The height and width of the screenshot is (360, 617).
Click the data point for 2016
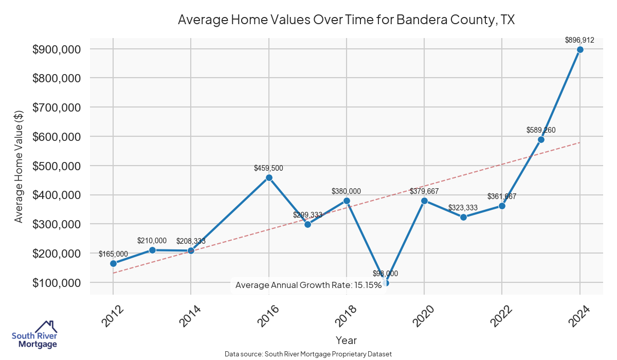pyautogui.click(x=268, y=177)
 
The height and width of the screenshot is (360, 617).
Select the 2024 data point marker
pyautogui.click(x=580, y=49)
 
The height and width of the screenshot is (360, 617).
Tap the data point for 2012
pyautogui.click(x=113, y=263)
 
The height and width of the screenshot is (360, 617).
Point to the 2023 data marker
pyautogui.click(x=541, y=139)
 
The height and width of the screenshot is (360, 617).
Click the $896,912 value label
pyautogui.click(x=579, y=40)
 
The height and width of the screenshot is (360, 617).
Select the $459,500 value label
pyautogui.click(x=268, y=168)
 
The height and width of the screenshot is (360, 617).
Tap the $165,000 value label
pyautogui.click(x=113, y=254)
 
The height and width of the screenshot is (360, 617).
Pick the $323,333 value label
pyautogui.click(x=463, y=208)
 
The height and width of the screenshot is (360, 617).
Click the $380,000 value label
pyautogui.click(x=346, y=191)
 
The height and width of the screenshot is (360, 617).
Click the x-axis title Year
pyautogui.click(x=346, y=340)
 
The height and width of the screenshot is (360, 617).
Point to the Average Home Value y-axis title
pyautogui.click(x=19, y=166)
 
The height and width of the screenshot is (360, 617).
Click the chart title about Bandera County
pyautogui.click(x=346, y=20)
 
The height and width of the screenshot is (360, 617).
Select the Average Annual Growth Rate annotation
pyautogui.click(x=308, y=285)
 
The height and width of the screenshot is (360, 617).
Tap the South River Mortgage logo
pyautogui.click(x=35, y=335)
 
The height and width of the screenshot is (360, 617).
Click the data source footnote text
pyautogui.click(x=308, y=354)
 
